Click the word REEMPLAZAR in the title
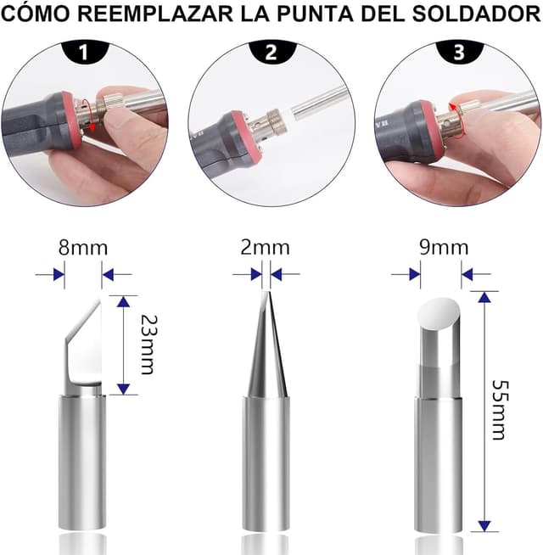coord(155,14)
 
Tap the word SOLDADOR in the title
coord(476,14)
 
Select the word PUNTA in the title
coord(315,14)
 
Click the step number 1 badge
coord(85,52)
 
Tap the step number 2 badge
coord(271,52)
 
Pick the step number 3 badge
coord(459,52)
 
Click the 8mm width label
coord(83,248)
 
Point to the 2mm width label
coord(265,247)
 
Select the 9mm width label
coord(444,247)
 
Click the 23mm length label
coord(148,345)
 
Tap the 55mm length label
coord(500,410)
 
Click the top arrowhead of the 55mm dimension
coord(484,298)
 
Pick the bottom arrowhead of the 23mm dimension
coord(123,389)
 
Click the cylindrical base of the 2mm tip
coord(266,463)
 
